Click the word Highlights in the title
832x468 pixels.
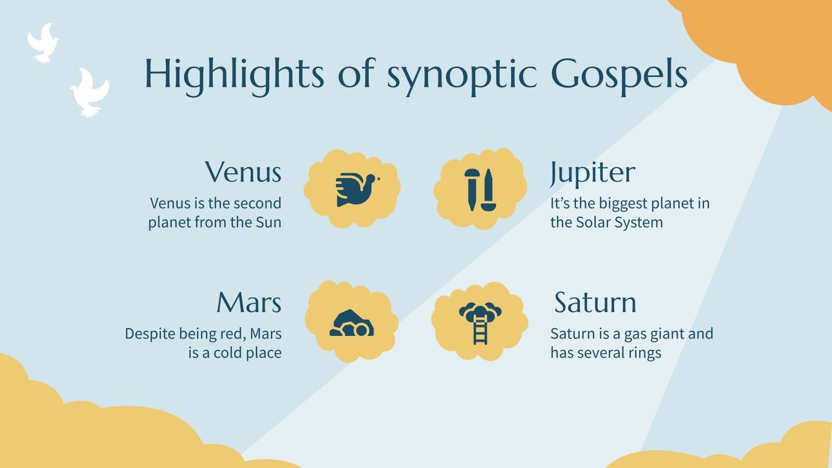coord(234,74)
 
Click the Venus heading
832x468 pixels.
coord(243,172)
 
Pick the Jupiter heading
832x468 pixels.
coord(592,172)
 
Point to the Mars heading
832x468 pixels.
coord(249,303)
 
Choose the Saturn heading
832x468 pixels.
coord(595,303)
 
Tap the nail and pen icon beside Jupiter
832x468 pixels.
coord(479,189)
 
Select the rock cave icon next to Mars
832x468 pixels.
coord(352,323)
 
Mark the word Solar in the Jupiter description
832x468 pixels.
coord(593,223)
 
